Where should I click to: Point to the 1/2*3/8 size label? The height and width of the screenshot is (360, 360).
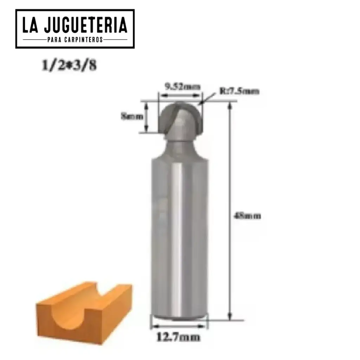click(69, 66)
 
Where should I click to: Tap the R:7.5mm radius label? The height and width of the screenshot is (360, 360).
click(240, 91)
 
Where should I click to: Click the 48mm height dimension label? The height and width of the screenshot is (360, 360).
click(248, 216)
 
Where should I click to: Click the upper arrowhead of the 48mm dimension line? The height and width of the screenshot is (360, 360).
click(230, 105)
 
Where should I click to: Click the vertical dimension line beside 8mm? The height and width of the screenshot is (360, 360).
click(147, 117)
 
